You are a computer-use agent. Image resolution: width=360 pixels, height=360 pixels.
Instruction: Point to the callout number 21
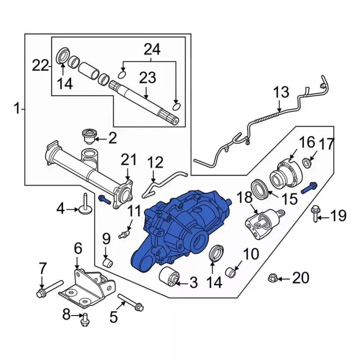128,160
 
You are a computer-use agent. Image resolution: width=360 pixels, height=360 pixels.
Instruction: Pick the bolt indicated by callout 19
315,213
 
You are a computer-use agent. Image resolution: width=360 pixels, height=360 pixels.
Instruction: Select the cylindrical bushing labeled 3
169,277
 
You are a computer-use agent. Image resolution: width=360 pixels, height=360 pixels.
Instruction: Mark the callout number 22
41,66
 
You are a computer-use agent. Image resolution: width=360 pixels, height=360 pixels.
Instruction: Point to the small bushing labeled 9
107,262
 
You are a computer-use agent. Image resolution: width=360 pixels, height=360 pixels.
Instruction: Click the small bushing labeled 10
229,273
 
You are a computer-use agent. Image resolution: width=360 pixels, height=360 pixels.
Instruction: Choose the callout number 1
17,107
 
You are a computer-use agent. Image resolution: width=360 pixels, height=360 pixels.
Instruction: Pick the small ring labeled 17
308,164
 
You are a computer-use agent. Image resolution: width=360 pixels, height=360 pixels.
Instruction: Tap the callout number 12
155,163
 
